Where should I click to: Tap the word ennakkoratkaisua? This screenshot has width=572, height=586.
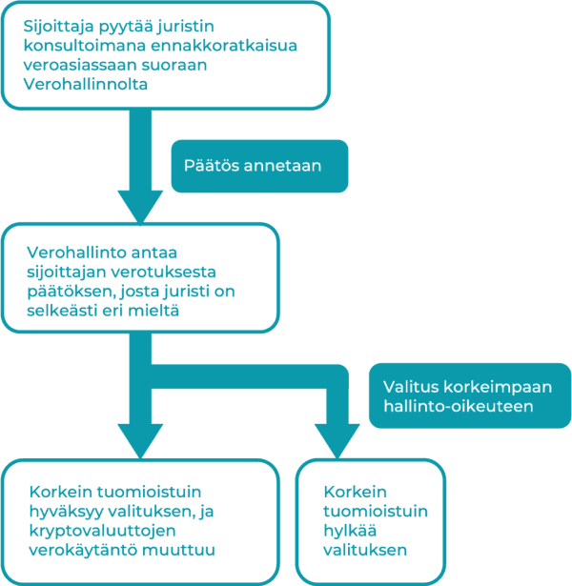coord(224,46)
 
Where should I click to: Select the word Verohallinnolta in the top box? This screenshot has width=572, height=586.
coord(86,84)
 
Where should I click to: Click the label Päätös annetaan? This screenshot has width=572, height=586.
coord(253,166)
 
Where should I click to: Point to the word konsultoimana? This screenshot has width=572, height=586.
coord(85,46)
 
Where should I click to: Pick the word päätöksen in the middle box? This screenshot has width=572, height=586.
coord(71,292)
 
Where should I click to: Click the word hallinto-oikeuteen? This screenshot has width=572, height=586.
coord(459,406)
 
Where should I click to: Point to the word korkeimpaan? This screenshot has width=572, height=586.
coord(498,388)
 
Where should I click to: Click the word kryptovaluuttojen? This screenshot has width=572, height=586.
coord(102,531)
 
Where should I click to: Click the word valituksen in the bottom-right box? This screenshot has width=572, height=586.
coord(365,550)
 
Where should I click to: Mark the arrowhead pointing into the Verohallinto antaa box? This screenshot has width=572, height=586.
coord(140,208)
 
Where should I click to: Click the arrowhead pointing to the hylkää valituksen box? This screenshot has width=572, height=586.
coord(337,441)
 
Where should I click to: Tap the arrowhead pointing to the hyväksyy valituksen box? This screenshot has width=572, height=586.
coord(140,441)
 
